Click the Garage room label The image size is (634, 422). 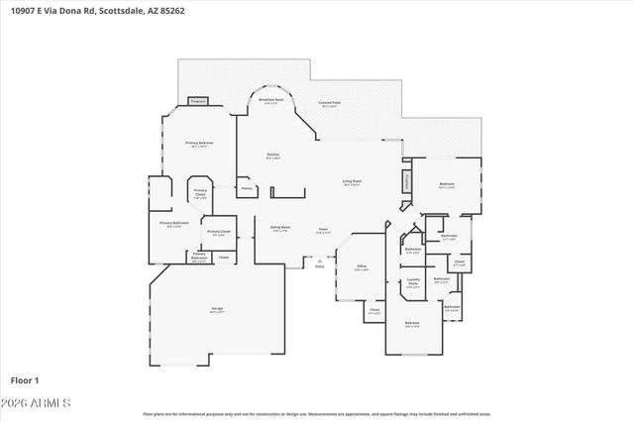pos(216,311)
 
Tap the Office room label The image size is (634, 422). pos(362,267)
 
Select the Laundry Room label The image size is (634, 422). pos(413,281)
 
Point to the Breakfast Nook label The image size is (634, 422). pos(271,101)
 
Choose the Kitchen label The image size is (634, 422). pos(272,156)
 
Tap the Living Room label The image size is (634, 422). pos(352,183)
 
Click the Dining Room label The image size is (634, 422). pos(280,229)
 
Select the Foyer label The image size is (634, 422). pos(323,229)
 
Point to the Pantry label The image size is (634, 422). pos(247,187)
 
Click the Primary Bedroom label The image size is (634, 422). pos(199,145)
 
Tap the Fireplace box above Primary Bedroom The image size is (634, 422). pos(197,101)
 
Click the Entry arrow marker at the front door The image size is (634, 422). pos(320,262)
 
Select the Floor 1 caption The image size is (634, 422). pos(25,380)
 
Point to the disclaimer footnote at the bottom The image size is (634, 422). pos(316,414)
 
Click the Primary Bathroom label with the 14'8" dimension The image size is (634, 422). pos(173,224)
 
